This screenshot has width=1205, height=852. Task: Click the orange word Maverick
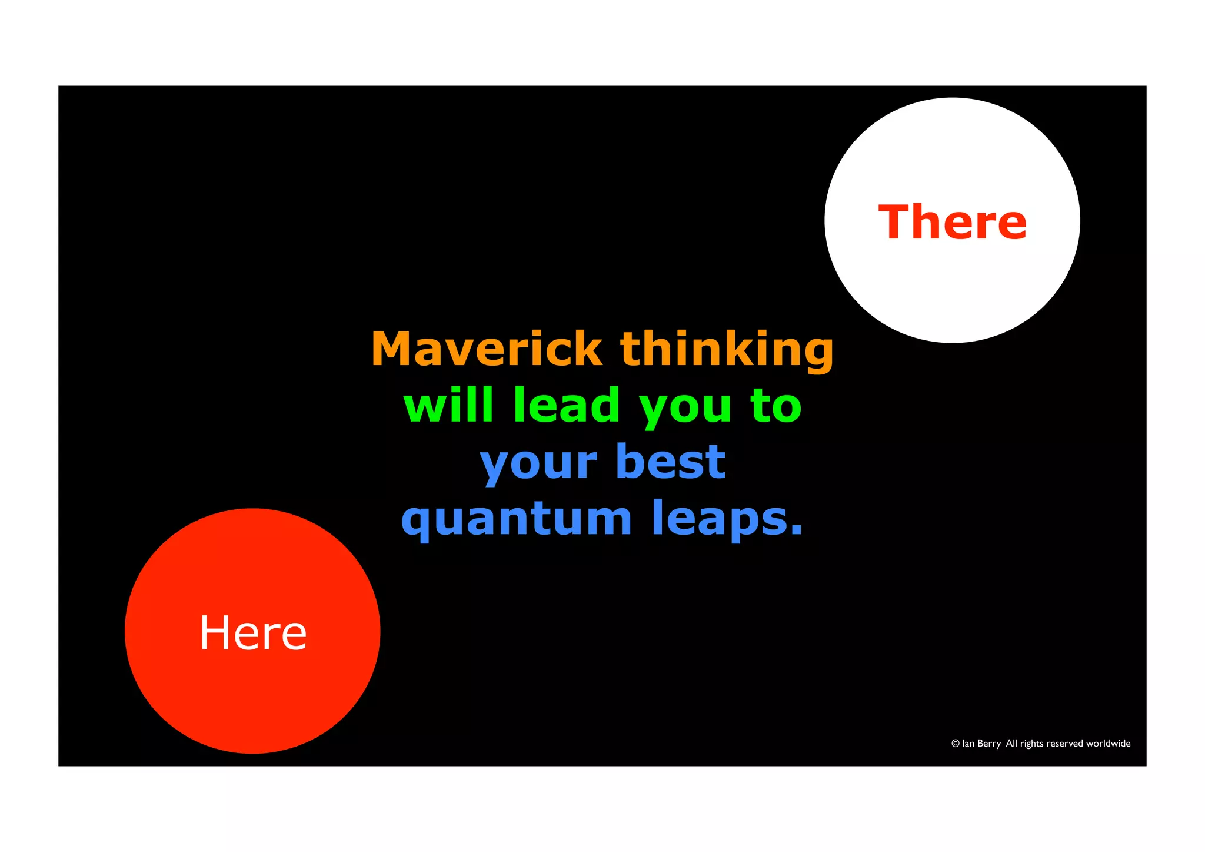pyautogui.click(x=486, y=349)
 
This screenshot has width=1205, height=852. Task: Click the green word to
pyautogui.click(x=775, y=406)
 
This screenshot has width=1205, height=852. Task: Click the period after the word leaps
pyautogui.click(x=796, y=531)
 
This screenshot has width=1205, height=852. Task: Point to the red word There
pyautogui.click(x=952, y=222)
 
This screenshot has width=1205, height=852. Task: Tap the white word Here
pyautogui.click(x=253, y=632)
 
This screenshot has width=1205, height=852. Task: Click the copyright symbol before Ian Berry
pyautogui.click(x=956, y=744)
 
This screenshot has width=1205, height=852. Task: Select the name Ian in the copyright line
pyautogui.click(x=968, y=744)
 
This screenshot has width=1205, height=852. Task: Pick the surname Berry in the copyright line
pyautogui.click(x=990, y=744)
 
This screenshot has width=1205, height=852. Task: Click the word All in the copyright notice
pyautogui.click(x=1011, y=744)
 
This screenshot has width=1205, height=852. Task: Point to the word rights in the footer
pyautogui.click(x=1032, y=744)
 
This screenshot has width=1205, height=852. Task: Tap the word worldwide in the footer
pyautogui.click(x=1109, y=744)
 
